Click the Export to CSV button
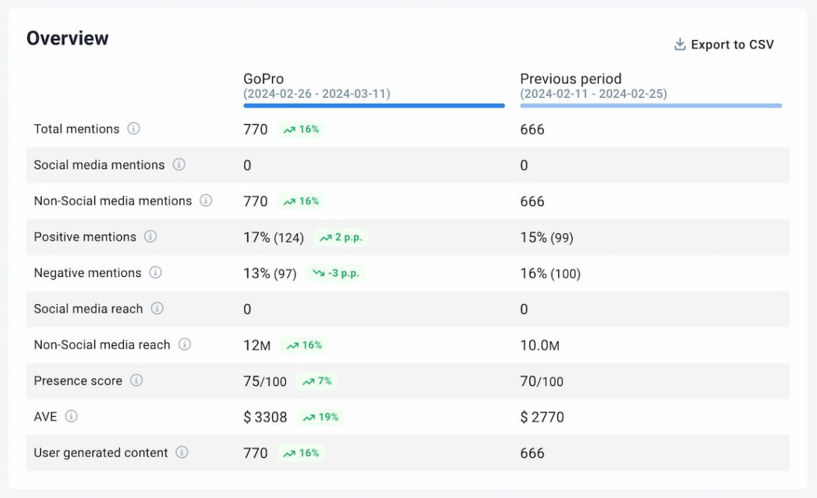(724, 44)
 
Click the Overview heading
(67, 39)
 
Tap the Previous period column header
(570, 79)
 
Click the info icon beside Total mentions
(134, 129)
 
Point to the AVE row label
(45, 417)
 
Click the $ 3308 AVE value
(265, 417)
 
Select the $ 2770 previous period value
(542, 417)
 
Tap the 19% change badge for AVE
(320, 417)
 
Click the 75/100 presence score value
(265, 381)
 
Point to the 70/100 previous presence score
(542, 381)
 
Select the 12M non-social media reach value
(257, 345)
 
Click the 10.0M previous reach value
(540, 345)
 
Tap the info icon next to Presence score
(136, 380)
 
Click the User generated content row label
(100, 453)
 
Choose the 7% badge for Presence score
(317, 381)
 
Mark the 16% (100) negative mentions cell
(550, 273)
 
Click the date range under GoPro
(317, 94)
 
